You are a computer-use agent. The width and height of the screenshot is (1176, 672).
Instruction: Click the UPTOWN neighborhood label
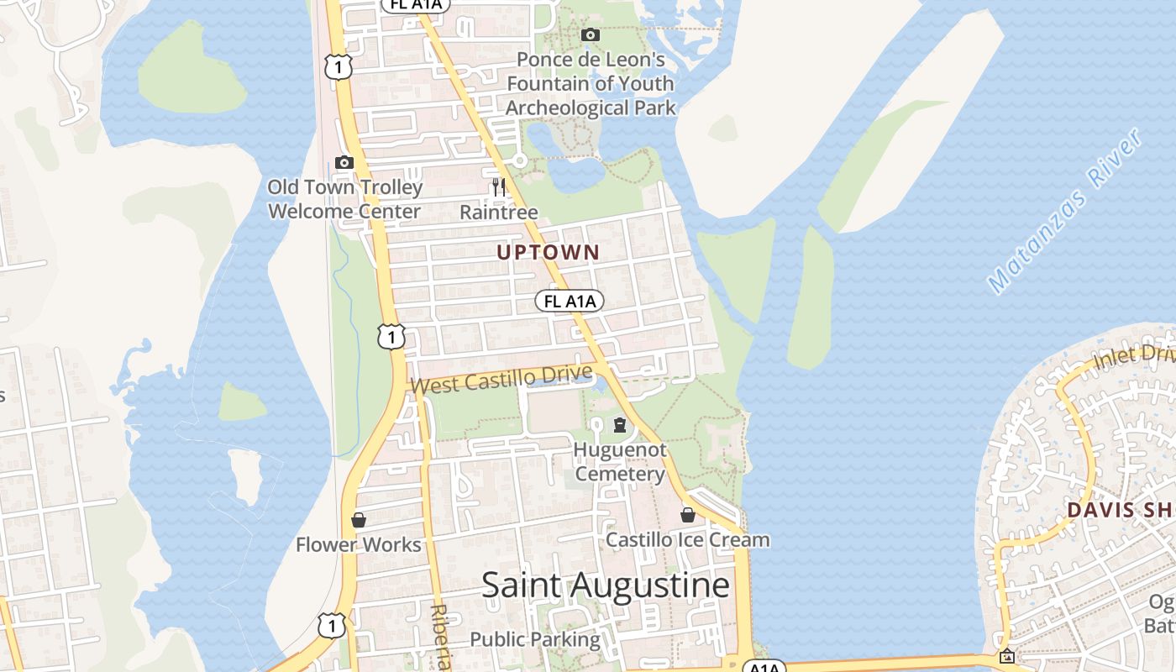[x=548, y=252]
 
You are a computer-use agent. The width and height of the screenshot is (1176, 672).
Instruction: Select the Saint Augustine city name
[x=605, y=585]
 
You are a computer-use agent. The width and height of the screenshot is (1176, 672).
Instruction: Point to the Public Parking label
[x=535, y=639]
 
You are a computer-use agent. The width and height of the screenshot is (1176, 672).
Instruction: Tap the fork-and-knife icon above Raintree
[x=499, y=186]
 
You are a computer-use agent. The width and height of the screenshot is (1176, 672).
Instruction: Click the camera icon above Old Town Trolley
[x=344, y=162]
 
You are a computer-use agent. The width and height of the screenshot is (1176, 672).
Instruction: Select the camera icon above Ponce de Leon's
[x=591, y=34]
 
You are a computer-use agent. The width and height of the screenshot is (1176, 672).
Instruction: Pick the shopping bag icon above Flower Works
[x=359, y=520]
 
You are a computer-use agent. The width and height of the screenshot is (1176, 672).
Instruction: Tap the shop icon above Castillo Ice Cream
[x=687, y=515]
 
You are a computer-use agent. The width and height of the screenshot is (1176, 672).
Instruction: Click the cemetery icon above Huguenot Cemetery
[x=620, y=425]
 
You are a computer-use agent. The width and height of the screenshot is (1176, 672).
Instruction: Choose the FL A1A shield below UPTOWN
[x=570, y=301]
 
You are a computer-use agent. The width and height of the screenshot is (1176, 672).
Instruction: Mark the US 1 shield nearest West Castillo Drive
[x=391, y=337]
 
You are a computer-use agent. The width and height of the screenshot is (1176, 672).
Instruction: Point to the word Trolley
[x=391, y=186]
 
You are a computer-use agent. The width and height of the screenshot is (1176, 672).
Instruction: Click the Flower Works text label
[x=359, y=544]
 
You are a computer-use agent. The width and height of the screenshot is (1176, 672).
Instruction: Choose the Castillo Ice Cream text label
[x=687, y=539]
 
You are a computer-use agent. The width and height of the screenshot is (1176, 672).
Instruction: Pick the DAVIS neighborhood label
[x=1098, y=510]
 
